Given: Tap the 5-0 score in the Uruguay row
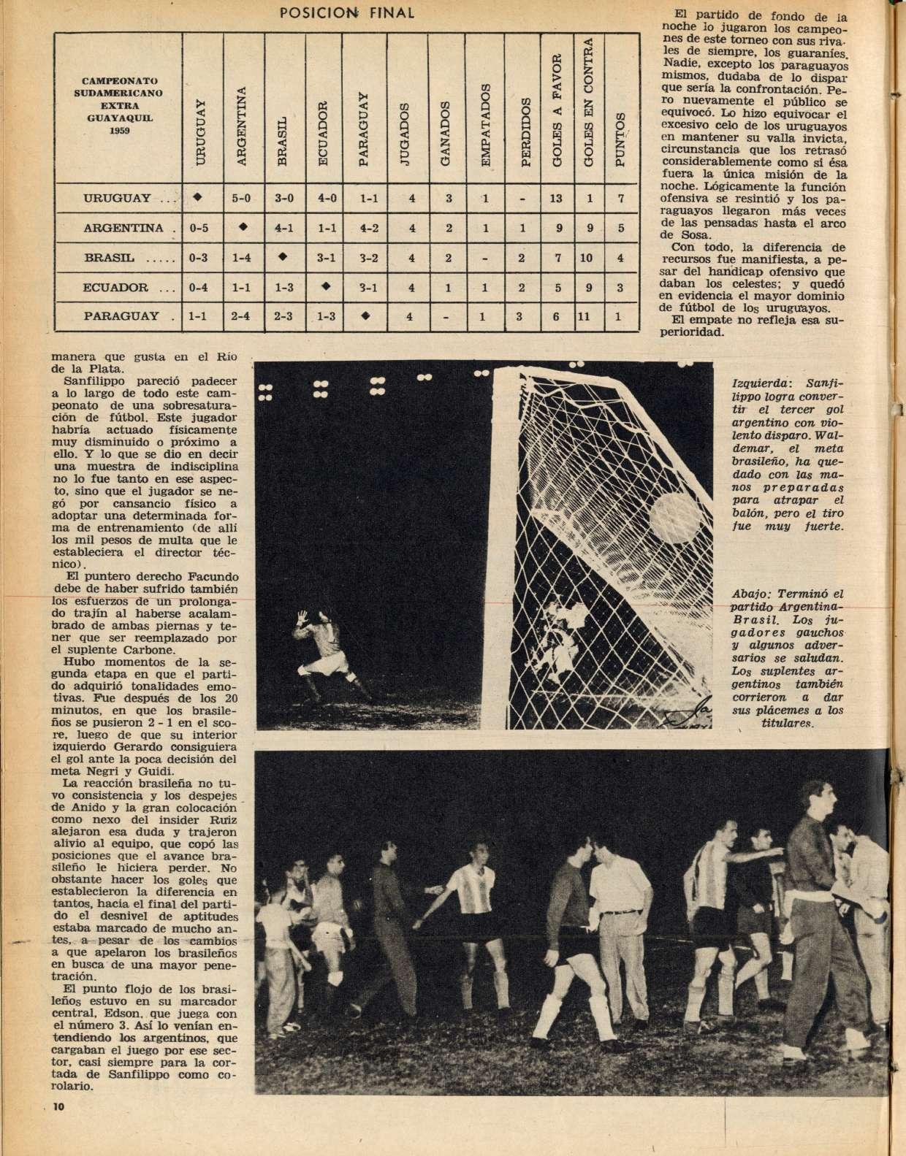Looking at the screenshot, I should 242,199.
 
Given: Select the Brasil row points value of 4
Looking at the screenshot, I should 620,257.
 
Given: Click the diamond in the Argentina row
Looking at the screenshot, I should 242,227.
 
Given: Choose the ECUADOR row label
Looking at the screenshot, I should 118,287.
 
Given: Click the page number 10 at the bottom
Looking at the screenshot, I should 59,1128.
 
